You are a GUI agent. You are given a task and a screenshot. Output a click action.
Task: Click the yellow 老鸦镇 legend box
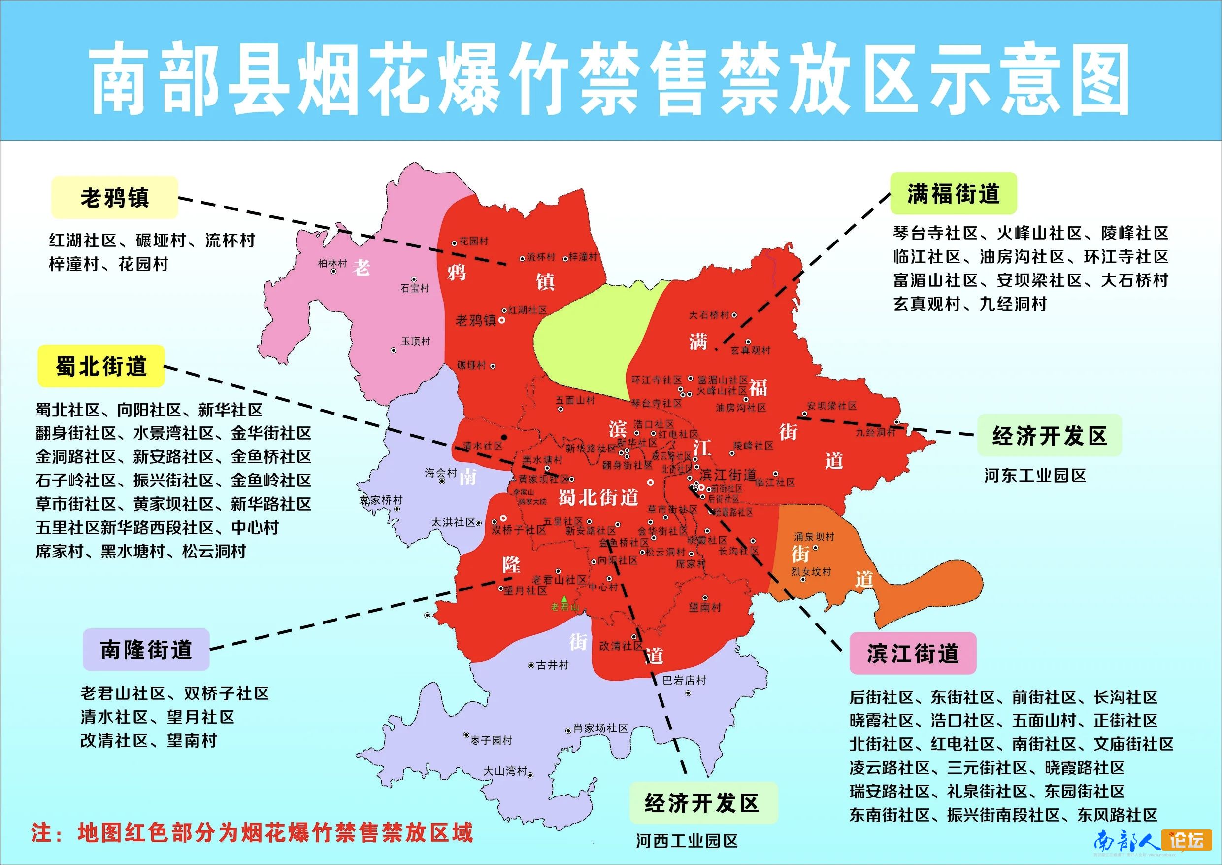pos(114,198)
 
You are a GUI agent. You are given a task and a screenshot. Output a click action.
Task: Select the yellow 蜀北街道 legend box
pos(101,366)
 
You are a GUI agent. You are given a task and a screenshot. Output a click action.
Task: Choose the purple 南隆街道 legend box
pos(146,650)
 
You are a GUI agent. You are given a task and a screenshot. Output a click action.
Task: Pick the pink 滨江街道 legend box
pos(912,654)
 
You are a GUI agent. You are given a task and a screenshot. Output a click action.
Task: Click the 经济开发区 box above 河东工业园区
pos(1049,436)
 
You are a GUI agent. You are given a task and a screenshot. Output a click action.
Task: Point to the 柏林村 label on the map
pos(332,263)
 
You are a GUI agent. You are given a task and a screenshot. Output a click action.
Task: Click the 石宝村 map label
pos(415,288)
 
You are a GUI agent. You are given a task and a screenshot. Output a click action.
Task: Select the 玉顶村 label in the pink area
pos(415,341)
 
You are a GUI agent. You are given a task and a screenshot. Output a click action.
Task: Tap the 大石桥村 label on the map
pos(709,315)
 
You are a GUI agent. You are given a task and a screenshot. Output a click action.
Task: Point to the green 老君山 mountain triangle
pos(564,599)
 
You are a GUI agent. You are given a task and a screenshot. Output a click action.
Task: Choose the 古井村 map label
pos(552,665)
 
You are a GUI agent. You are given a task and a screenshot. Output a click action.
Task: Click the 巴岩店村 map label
pos(684,680)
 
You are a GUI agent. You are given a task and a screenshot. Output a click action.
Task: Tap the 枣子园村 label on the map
pos(491,740)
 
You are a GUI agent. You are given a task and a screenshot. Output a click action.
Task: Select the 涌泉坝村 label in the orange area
pos(814,536)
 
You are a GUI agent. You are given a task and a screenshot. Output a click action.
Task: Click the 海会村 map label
pos(441,473)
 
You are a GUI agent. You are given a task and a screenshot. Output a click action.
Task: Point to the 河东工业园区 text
pos(1035,475)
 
